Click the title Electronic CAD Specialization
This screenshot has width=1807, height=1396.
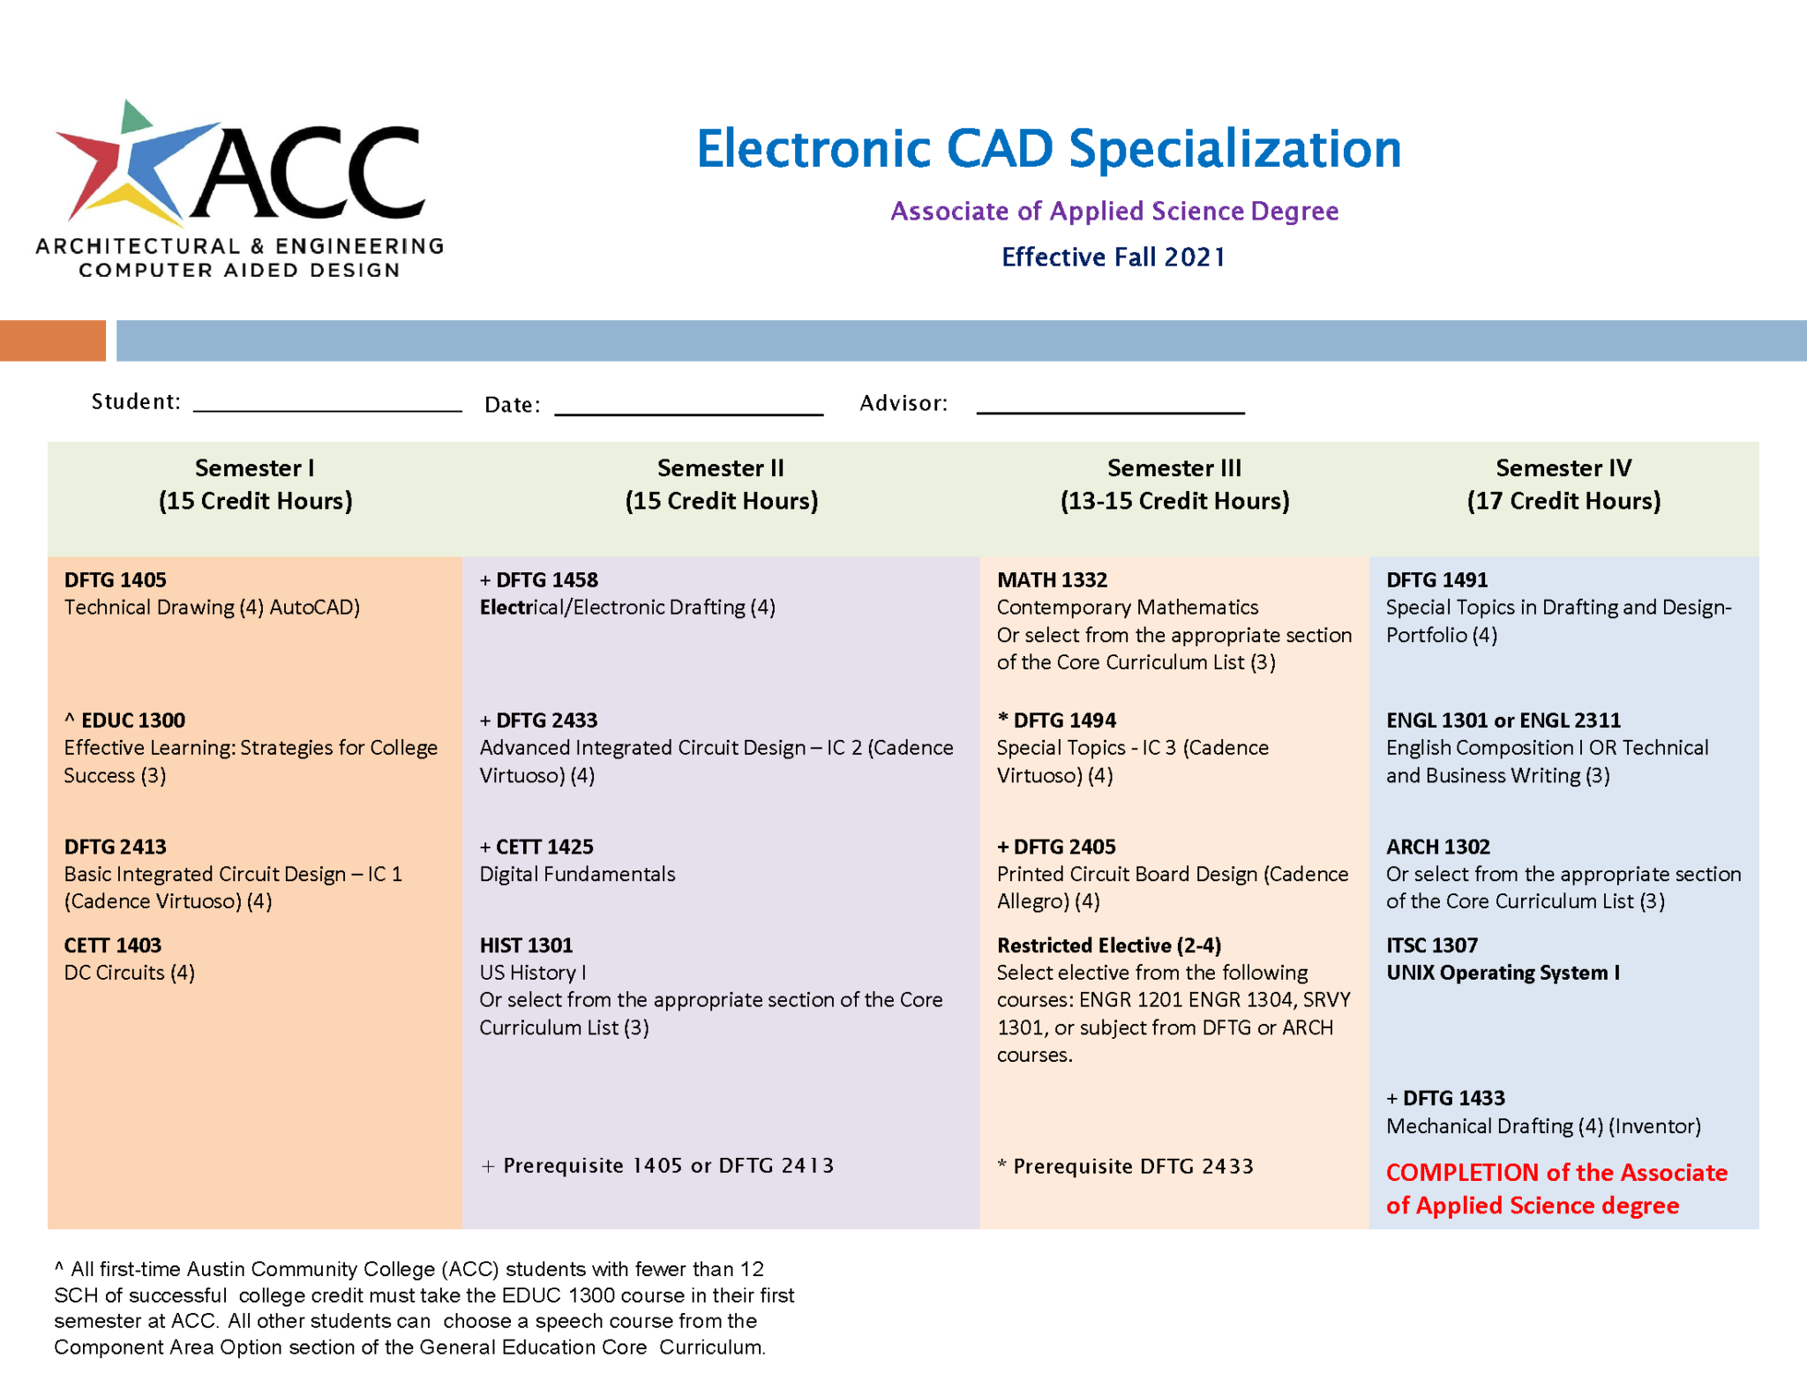1048,148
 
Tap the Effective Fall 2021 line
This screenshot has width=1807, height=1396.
1113,257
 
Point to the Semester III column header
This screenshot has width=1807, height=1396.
1174,484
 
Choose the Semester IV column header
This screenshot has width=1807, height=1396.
1563,484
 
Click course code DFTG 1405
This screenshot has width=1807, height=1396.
116,579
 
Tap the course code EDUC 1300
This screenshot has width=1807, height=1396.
132,720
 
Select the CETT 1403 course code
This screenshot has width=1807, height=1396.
113,945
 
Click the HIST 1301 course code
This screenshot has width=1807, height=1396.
526,945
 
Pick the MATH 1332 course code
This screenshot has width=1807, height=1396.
1052,579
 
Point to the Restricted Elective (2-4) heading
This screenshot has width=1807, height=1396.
1109,945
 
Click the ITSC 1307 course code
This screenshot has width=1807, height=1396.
1431,945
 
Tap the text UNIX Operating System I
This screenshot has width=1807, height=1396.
1503,973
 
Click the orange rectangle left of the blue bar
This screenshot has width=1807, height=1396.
52,340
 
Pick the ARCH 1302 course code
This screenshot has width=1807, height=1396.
1438,847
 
